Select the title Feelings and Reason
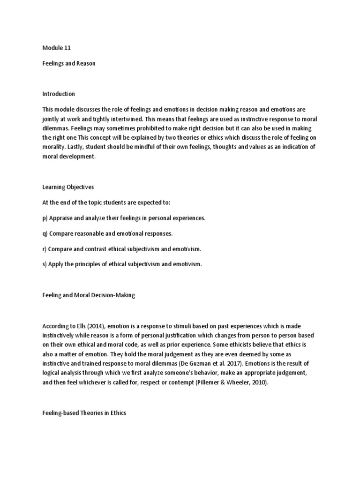tap(68, 63)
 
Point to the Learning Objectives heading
tap(68, 187)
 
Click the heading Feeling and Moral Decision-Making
tap(88, 295)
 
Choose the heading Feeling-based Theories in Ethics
tap(84, 413)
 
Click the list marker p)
tap(45, 218)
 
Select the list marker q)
tap(45, 233)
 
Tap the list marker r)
tap(45, 249)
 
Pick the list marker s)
tap(45, 264)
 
